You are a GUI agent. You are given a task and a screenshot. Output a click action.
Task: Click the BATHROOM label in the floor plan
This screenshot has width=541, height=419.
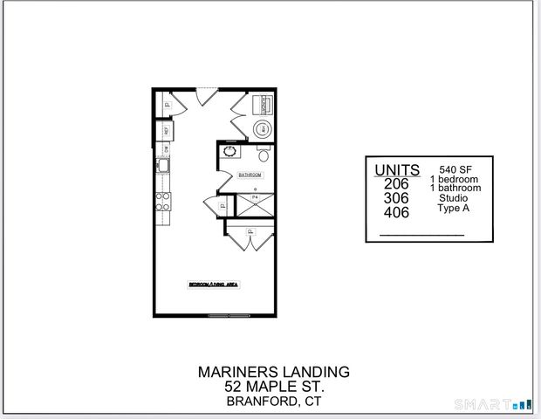click(251, 175)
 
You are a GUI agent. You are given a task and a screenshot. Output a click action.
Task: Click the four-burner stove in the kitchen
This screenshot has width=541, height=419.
click(162, 203)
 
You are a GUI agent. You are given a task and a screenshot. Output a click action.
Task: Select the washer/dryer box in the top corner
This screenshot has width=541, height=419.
click(263, 106)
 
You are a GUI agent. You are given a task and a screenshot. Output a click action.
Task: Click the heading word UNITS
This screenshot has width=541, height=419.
click(397, 169)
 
